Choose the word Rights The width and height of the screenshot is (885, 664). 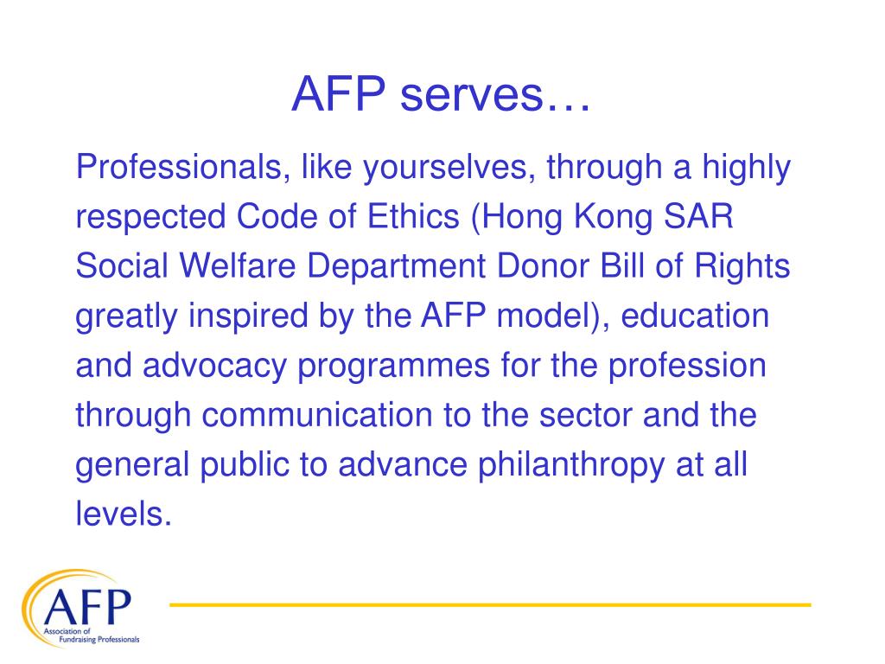[745, 267]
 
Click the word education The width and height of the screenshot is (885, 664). [697, 316]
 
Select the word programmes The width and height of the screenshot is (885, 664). [396, 367]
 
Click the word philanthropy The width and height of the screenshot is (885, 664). [564, 465]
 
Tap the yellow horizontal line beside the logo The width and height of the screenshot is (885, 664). [489, 604]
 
